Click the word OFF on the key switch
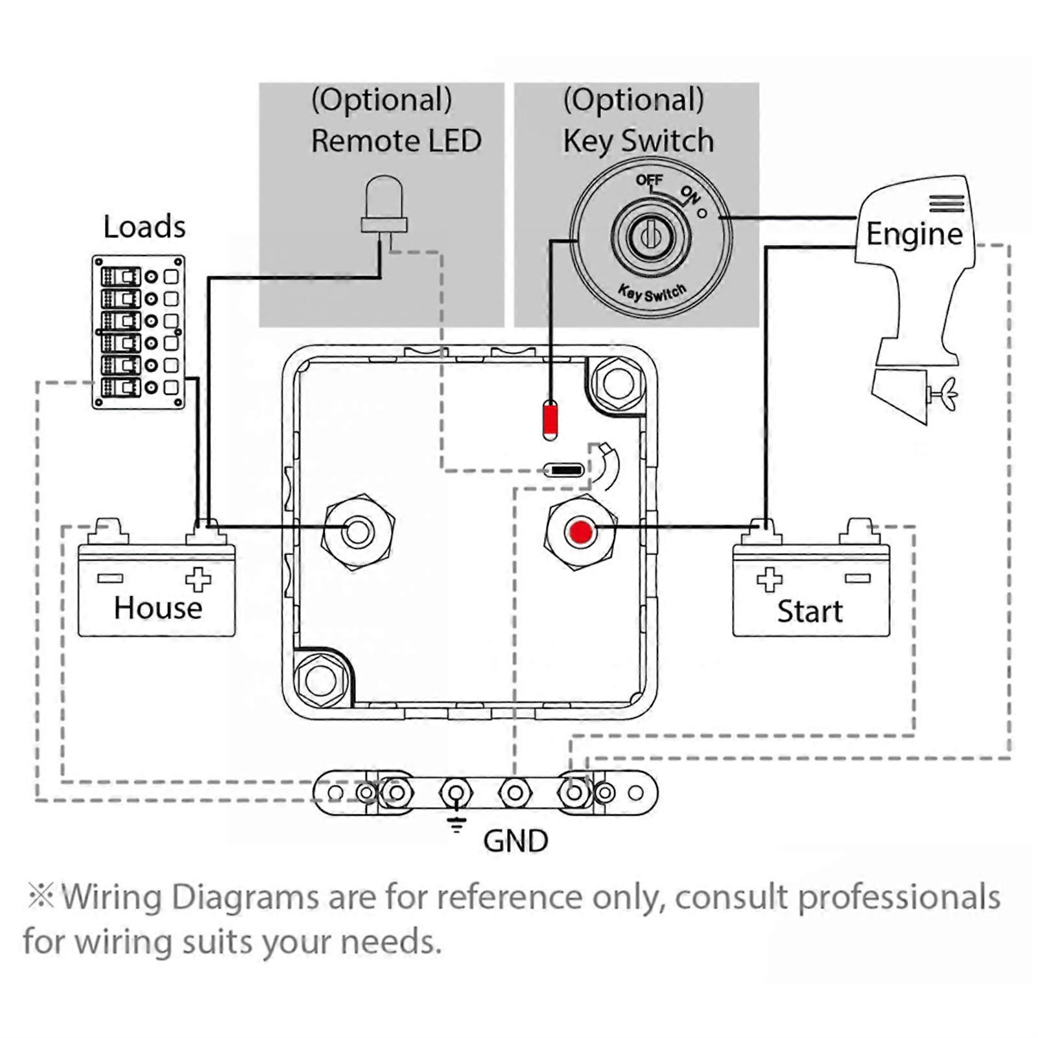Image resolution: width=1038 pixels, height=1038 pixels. point(649,180)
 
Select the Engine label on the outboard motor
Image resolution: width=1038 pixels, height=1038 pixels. point(914,234)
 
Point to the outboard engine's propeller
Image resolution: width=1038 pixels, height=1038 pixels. point(945,394)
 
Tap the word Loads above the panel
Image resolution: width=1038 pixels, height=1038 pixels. point(145,227)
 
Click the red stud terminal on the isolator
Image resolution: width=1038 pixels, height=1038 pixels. point(580,532)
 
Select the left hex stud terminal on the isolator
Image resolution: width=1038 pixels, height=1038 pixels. point(358,532)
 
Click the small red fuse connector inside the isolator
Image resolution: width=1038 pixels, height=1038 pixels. point(550,419)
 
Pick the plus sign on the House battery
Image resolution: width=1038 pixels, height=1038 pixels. point(198,579)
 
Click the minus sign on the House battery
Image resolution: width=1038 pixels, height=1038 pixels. point(110,578)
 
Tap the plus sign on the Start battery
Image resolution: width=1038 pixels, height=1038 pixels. point(769,579)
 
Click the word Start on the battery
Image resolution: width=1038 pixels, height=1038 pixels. point(810,611)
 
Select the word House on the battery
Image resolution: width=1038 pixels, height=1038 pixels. point(158,608)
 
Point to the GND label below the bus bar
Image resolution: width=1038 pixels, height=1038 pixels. point(515,842)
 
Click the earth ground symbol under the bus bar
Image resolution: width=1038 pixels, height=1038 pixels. point(456,824)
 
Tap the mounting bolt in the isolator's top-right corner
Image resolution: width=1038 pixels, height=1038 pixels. point(618,383)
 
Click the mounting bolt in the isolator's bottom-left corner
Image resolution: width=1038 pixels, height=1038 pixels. point(321,680)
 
